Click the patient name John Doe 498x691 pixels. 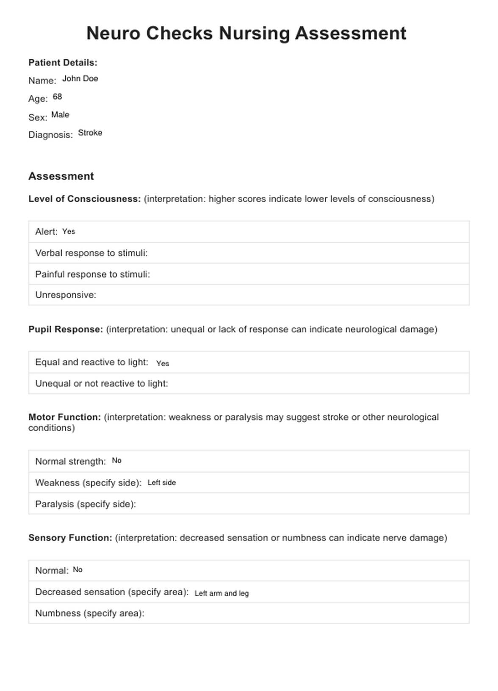(80, 78)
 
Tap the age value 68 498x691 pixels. (57, 97)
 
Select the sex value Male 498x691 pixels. (60, 115)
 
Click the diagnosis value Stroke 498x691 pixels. (90, 133)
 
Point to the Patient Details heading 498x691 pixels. (63, 63)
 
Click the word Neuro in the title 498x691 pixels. (113, 33)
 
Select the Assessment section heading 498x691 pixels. (61, 176)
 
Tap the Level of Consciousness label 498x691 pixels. (84, 199)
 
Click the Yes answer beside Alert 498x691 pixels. (69, 231)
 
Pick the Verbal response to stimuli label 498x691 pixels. (91, 253)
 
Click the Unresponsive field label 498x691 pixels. (66, 295)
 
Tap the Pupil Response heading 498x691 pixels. (66, 329)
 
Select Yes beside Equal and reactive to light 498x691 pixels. (163, 363)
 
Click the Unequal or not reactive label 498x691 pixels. (102, 384)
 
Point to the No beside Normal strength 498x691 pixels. (116, 460)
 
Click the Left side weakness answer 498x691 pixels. (161, 482)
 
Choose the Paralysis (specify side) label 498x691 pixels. (86, 504)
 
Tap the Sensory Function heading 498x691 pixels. (70, 538)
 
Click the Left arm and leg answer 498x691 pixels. (221, 593)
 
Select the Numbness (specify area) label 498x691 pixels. (90, 613)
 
